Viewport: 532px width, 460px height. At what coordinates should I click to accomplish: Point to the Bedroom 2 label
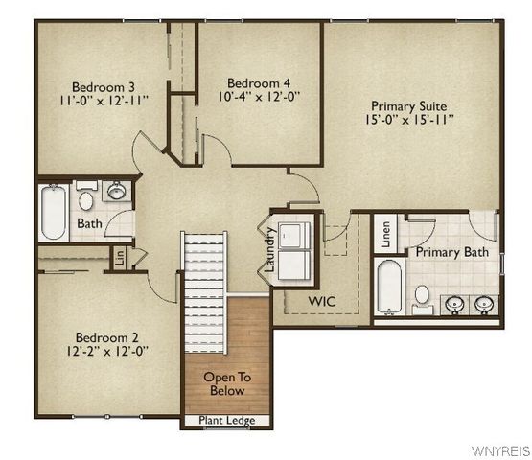pos(108,336)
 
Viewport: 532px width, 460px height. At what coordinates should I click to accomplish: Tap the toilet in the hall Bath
pos(85,200)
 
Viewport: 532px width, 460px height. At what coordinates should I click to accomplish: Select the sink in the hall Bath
pos(116,191)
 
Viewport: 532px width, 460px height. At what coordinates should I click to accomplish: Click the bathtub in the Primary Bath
pos(387,285)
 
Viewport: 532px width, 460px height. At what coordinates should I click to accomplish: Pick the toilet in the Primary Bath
pos(422,296)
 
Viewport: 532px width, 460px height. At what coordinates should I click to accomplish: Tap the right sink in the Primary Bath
pos(484,304)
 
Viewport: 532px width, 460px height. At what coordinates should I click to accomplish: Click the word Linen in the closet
pos(386,234)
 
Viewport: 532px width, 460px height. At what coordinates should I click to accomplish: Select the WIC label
pos(321,301)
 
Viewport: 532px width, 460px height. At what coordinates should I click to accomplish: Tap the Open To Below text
pos(225,383)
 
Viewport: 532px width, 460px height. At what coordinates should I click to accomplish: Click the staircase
pos(204,278)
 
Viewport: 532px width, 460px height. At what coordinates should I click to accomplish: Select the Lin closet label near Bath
pos(120,257)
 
